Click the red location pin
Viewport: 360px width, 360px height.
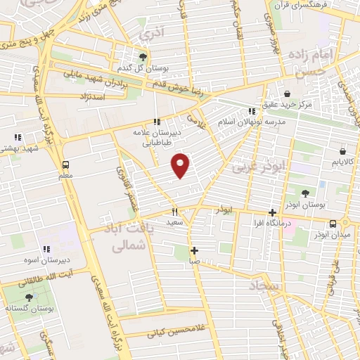(x=181, y=165)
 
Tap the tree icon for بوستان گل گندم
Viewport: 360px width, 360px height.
(x=143, y=57)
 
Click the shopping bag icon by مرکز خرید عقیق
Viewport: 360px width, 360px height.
(x=287, y=94)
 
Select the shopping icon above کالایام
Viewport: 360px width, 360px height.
(x=342, y=150)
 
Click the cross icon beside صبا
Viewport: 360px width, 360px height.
(x=194, y=250)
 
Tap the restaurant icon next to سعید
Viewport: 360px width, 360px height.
(x=174, y=211)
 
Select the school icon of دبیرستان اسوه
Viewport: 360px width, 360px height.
(x=46, y=248)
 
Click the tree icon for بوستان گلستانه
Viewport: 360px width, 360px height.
(x=29, y=297)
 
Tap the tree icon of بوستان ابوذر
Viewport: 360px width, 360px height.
(x=304, y=193)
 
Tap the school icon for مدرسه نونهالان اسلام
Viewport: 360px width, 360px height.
(x=252, y=110)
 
